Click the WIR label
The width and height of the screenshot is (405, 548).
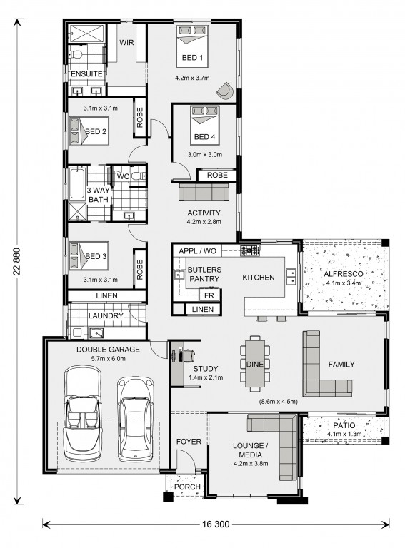click(x=126, y=43)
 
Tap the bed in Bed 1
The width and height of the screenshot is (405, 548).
click(x=192, y=46)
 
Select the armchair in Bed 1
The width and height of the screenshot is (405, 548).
click(x=225, y=91)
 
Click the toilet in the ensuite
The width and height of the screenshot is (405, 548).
click(x=75, y=54)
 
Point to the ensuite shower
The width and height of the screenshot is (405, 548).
click(x=86, y=34)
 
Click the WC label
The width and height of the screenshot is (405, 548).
click(x=123, y=176)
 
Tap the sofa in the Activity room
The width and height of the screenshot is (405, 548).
click(x=204, y=191)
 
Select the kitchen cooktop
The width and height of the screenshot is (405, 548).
click(x=250, y=250)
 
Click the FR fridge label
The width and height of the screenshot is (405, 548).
click(x=209, y=295)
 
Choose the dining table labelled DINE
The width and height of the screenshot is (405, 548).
click(x=255, y=363)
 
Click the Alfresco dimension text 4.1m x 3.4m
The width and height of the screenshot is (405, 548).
click(x=343, y=283)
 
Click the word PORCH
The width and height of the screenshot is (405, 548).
click(x=187, y=487)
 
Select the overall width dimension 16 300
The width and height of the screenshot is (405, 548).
click(x=216, y=524)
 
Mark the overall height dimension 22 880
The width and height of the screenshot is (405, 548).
click(x=17, y=261)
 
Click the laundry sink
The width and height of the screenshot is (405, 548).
click(x=96, y=333)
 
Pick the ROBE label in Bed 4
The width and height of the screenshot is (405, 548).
click(x=217, y=175)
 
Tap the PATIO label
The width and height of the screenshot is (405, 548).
click(x=344, y=426)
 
